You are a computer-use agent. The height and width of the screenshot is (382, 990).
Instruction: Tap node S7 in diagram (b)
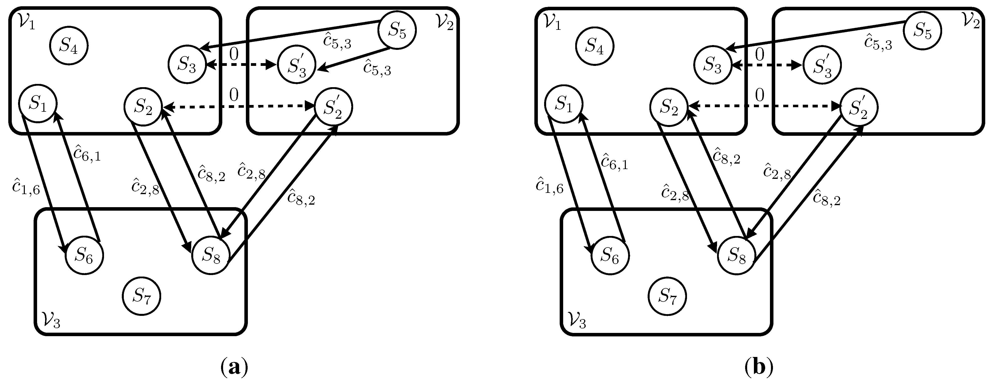(x=667, y=296)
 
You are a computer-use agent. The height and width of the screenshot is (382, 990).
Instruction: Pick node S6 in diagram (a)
(x=84, y=255)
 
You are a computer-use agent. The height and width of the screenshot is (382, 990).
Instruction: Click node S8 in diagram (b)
(x=737, y=255)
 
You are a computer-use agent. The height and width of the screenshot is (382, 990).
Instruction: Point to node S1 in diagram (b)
(x=564, y=104)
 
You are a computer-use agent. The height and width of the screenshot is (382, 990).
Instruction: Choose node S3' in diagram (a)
(x=297, y=66)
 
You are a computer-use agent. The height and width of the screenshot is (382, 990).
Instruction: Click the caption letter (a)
(x=234, y=368)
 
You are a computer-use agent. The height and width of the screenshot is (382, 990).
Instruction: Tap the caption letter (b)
(x=759, y=368)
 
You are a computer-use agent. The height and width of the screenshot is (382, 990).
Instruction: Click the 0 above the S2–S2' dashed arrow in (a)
(x=234, y=94)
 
